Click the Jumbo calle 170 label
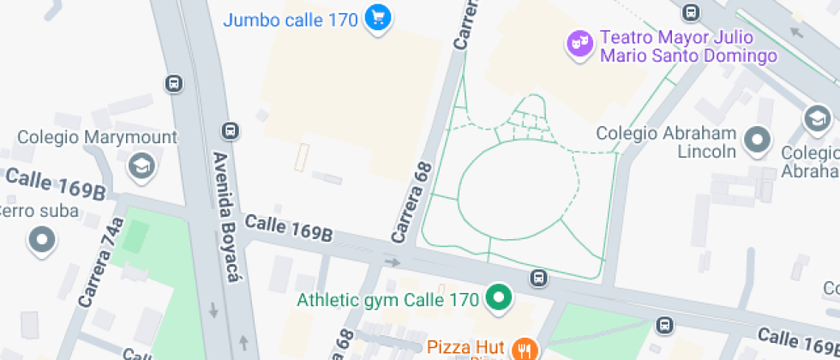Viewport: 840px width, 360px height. tap(290, 19)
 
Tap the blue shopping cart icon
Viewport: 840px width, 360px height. tap(377, 18)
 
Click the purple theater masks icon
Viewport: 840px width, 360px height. tap(580, 43)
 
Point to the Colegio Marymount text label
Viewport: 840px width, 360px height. tap(98, 137)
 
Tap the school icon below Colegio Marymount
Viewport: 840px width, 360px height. tap(141, 165)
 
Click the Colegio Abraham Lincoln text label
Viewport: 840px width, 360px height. tap(666, 142)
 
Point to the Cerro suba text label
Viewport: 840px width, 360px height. tap(39, 211)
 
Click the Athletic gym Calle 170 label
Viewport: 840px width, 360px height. tap(387, 300)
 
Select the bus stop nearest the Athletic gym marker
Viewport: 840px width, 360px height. tap(538, 278)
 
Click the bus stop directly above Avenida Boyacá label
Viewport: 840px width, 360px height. tap(230, 131)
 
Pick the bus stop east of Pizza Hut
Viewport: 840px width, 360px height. tap(664, 325)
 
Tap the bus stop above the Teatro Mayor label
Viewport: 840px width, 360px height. tap(691, 12)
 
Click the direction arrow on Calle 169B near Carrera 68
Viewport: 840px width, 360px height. tap(393, 262)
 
